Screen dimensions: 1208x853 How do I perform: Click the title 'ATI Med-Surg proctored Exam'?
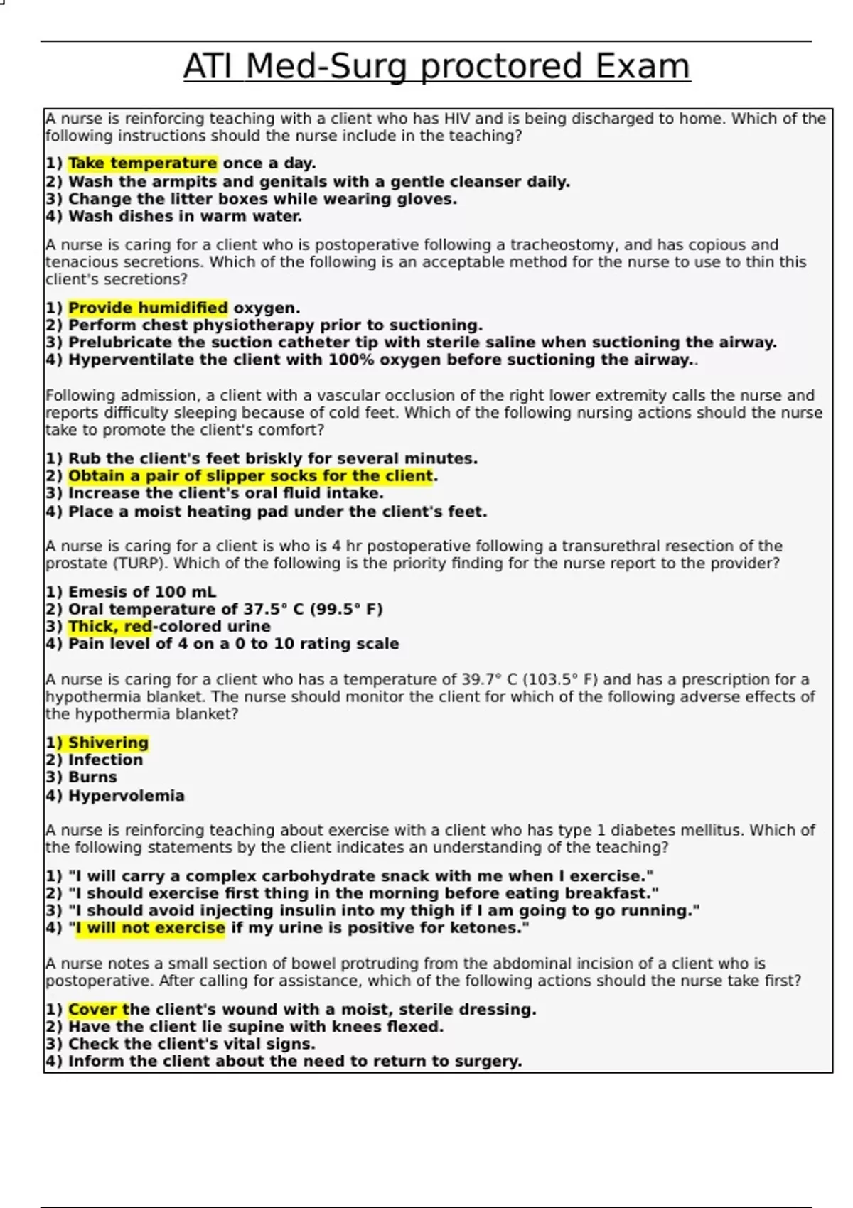coord(436,67)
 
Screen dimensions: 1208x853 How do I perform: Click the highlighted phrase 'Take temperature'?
coord(142,163)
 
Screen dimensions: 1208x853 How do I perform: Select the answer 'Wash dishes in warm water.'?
coord(185,217)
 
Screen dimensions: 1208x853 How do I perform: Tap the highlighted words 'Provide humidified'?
coord(148,308)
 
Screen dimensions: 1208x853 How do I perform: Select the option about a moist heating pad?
coord(277,512)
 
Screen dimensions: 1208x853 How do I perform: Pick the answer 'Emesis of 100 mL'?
coord(142,592)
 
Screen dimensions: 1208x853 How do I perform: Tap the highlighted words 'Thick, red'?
coord(110,627)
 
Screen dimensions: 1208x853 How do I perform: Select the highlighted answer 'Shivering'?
coord(108,743)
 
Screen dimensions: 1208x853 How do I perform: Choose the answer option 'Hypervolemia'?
coord(126,796)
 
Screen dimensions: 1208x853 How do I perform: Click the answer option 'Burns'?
coord(92,777)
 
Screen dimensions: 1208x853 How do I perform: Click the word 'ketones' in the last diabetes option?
coord(490,928)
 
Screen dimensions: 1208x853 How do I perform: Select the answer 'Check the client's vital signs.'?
coord(191,1045)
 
